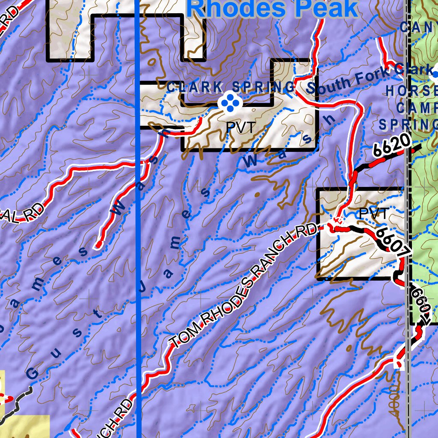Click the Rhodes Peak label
(273, 9)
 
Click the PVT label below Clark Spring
(240, 127)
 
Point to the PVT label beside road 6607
(373, 213)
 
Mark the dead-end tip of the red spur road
(98, 245)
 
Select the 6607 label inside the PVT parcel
(390, 243)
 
